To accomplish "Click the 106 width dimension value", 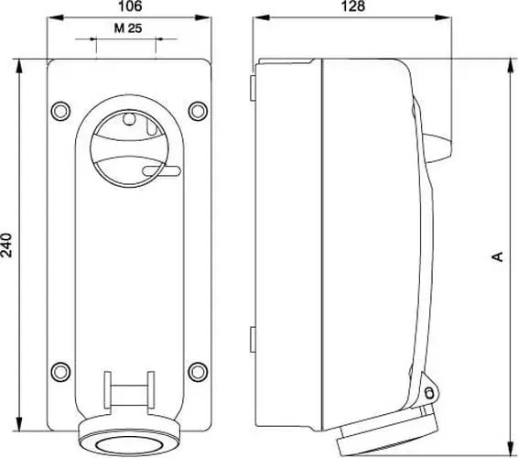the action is coord(130,5).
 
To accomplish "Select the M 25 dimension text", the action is coord(128,28).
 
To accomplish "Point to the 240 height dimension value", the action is coord(6,245).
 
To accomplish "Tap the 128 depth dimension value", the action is coord(353,5).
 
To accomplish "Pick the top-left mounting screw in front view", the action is coord(60,111).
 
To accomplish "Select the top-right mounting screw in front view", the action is coord(198,111).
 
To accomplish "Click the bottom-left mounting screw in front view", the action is coord(60,371).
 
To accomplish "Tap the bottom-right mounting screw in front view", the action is coord(198,371).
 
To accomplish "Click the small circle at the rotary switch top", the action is coord(129,119).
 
